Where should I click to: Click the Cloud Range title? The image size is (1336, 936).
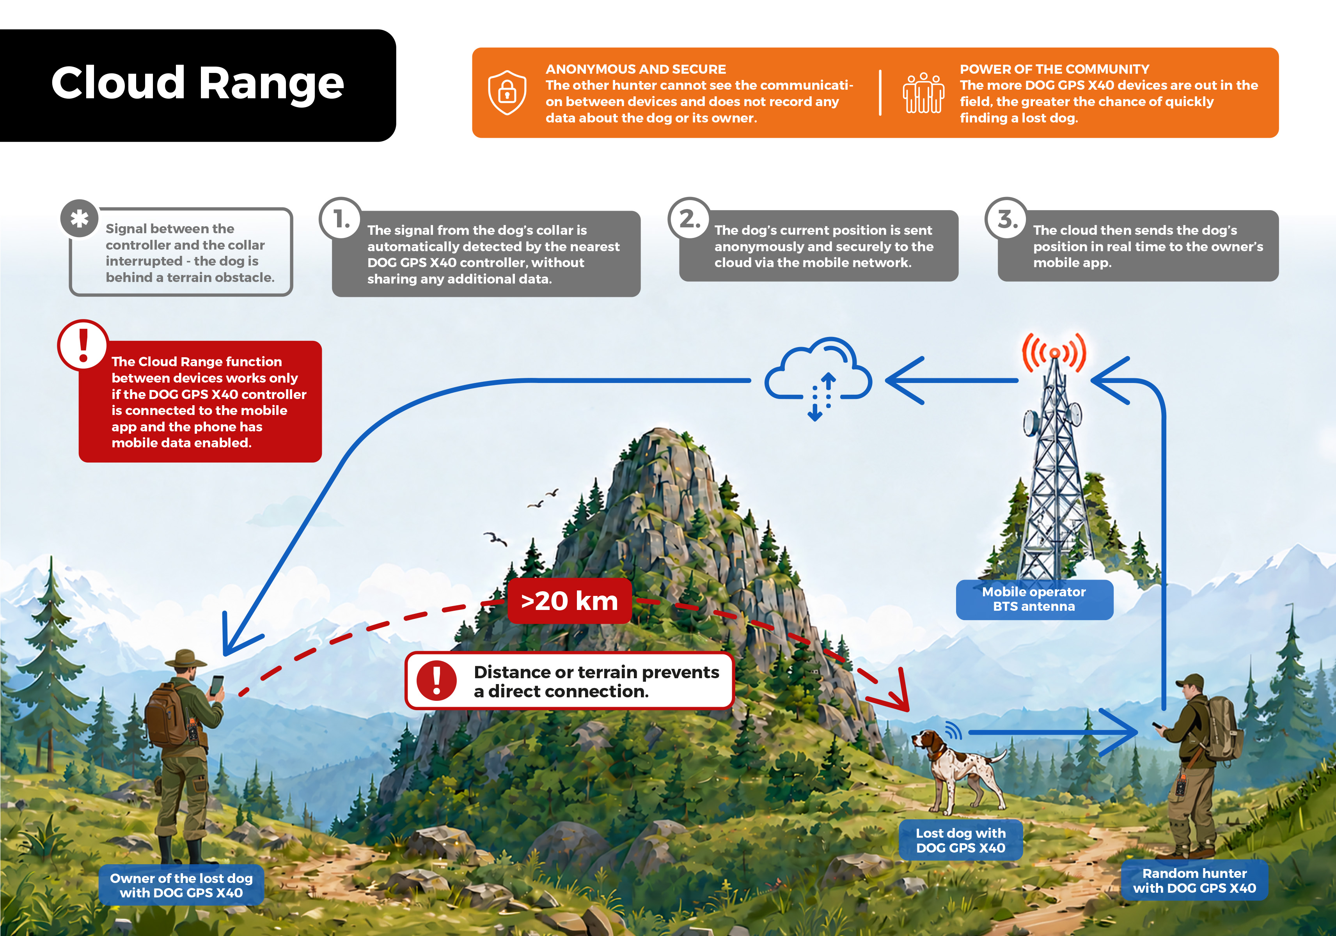click(x=198, y=83)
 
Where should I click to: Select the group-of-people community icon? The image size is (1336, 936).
click(x=923, y=92)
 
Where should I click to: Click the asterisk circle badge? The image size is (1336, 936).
click(x=79, y=219)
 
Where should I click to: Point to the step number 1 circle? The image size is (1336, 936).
click(x=341, y=219)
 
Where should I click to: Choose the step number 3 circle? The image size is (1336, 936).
click(x=1007, y=219)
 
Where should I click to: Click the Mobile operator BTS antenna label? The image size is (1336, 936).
click(x=1034, y=599)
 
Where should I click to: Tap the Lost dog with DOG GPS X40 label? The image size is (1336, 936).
click(x=961, y=840)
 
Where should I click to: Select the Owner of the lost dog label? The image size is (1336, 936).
click(x=181, y=885)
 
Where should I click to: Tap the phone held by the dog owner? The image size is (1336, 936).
click(x=216, y=685)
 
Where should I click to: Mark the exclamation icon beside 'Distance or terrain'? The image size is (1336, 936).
click(x=436, y=681)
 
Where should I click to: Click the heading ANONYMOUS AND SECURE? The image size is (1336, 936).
click(x=635, y=69)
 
